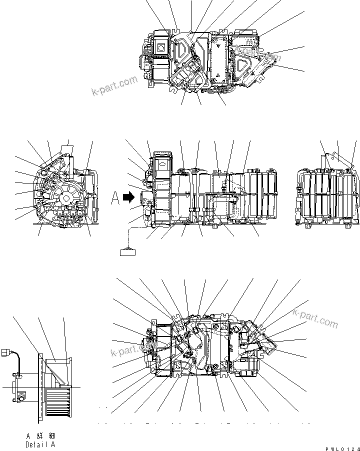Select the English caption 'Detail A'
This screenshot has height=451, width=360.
coord(40,444)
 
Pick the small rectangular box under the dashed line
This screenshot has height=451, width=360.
coord(128,251)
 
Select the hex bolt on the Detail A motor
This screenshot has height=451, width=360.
coord(21,397)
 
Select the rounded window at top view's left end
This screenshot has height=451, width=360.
coord(161,47)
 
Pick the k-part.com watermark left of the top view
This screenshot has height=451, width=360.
coord(114,85)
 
